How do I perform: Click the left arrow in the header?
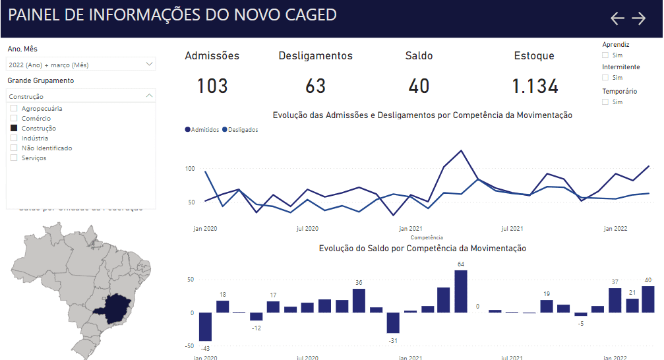(x=617, y=18)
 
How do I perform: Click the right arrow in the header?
(x=639, y=18)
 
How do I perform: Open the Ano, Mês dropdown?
(x=149, y=65)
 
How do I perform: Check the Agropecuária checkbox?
(x=14, y=108)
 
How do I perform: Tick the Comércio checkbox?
(x=14, y=118)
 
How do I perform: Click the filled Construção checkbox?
(x=14, y=128)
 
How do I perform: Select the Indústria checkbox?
(x=14, y=138)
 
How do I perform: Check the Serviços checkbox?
(x=14, y=158)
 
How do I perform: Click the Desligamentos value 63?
(x=316, y=86)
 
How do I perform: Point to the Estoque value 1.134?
(x=535, y=86)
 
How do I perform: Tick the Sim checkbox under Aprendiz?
(x=605, y=55)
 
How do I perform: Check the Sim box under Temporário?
(x=605, y=102)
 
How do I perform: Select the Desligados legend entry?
(x=241, y=130)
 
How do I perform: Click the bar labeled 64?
(x=461, y=291)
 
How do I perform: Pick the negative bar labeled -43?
(x=205, y=326)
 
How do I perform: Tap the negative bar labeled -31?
(x=393, y=322)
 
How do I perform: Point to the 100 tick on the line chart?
(x=190, y=169)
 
